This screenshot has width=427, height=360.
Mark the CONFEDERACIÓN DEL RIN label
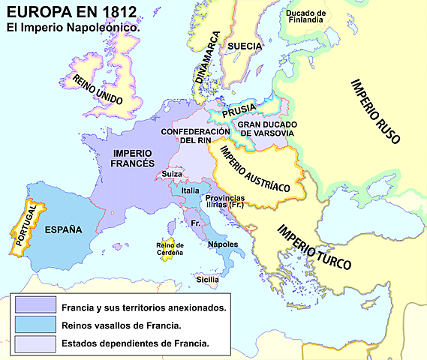[194, 136]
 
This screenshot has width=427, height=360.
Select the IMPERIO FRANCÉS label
[132, 157]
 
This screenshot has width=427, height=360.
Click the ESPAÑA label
[62, 230]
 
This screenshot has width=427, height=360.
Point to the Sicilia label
[208, 279]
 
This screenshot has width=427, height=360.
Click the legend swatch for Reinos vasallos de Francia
[33, 325]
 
